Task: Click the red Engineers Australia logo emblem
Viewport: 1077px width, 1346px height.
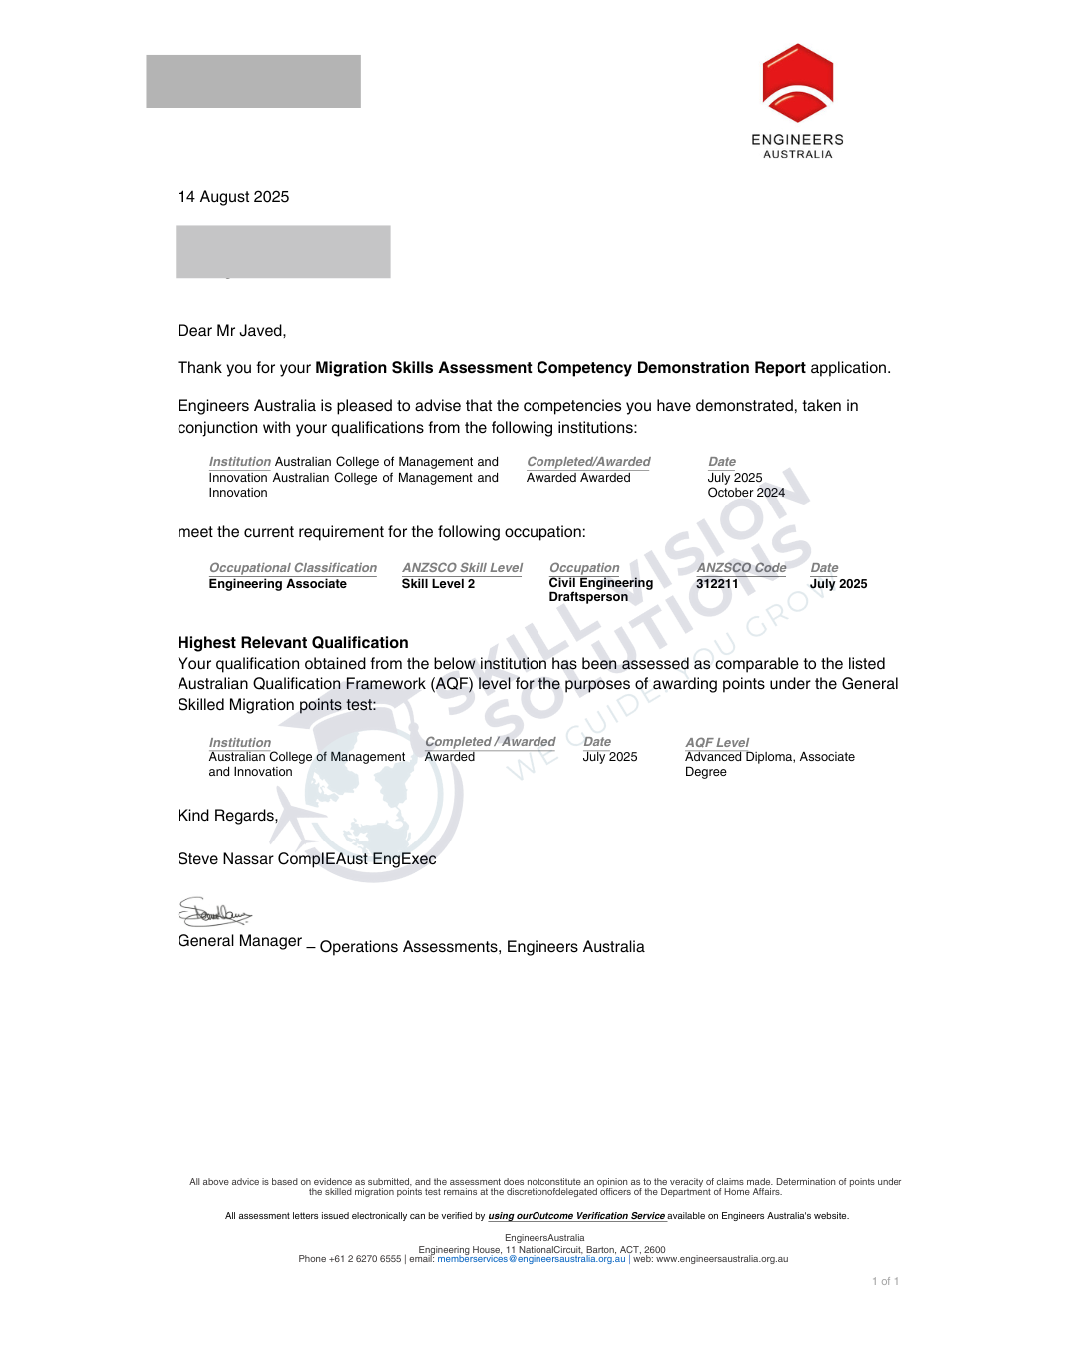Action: point(797,83)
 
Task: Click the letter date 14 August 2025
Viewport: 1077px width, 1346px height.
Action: point(233,197)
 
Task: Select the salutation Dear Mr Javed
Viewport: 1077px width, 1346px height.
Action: point(231,331)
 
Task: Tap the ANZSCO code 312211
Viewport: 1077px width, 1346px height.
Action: point(717,584)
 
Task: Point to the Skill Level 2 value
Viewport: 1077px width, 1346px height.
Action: point(438,584)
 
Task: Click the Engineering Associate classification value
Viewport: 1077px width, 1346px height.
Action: point(277,584)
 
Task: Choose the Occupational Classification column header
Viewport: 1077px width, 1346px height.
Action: point(292,568)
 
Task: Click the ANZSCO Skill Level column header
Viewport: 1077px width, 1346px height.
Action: point(462,568)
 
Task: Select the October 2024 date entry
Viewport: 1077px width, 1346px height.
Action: point(746,493)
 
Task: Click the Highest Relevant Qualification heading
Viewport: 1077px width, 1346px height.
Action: point(292,643)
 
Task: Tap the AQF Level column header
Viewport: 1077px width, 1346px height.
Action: point(717,743)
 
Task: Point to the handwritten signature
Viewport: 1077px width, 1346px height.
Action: point(214,912)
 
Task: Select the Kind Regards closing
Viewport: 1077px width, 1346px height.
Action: point(227,816)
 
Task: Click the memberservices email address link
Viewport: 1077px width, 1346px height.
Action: point(531,1259)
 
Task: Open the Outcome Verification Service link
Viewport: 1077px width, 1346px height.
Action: point(576,1216)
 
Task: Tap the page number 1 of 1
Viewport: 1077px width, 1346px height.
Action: point(885,1282)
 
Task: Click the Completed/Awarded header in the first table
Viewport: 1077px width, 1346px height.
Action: point(588,462)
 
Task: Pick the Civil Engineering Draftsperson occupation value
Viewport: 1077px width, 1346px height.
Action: point(600,590)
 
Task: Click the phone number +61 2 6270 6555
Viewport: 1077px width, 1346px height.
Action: point(365,1259)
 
